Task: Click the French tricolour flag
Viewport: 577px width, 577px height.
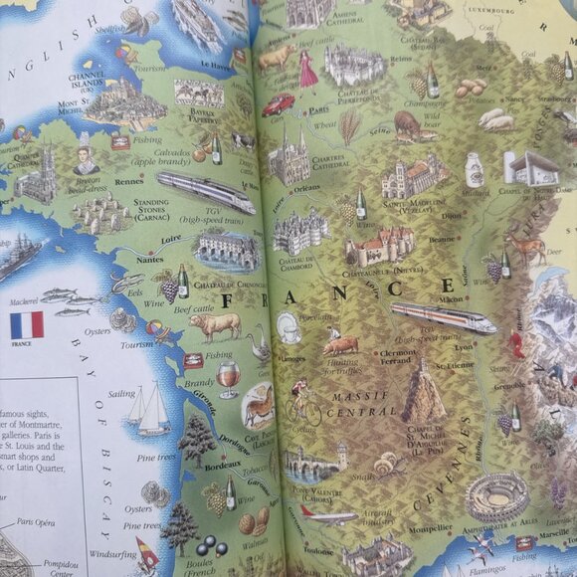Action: [x=26, y=324]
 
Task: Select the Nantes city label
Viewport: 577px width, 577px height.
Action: [x=150, y=260]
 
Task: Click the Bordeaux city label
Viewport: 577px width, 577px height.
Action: [x=194, y=465]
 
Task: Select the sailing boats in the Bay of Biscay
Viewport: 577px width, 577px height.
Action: [x=147, y=408]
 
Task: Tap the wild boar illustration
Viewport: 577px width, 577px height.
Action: [x=408, y=123]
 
